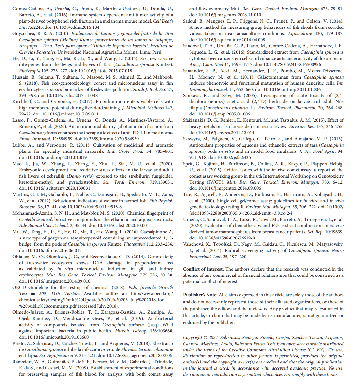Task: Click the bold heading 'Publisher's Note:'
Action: point(200,295)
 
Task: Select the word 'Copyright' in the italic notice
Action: point(192,338)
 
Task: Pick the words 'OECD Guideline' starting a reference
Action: point(29,288)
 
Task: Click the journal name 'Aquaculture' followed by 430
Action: point(300,34)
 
